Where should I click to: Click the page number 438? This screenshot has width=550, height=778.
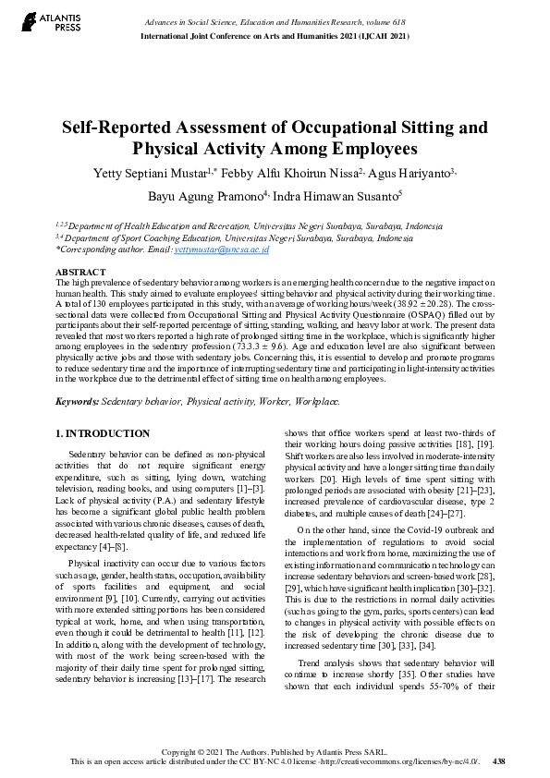pyautogui.click(x=499, y=762)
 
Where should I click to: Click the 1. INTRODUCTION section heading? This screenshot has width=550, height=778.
pyautogui.click(x=102, y=433)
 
